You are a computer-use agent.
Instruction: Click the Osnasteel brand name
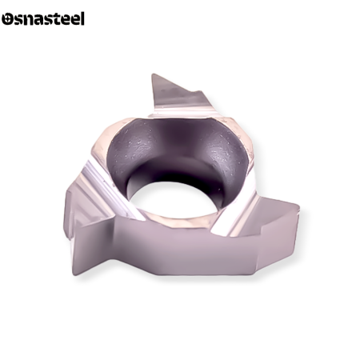tap(43, 18)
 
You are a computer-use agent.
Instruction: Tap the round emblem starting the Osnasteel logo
tap(7, 19)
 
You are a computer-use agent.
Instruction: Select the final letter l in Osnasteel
tap(82, 18)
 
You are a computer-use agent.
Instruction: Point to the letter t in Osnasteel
tap(58, 19)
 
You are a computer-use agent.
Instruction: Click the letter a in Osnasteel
tap(40, 20)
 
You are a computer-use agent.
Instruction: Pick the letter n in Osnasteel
tap(29, 20)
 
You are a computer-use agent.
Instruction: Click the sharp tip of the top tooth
tap(153, 74)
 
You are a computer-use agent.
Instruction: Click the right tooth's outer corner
tap(298, 206)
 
